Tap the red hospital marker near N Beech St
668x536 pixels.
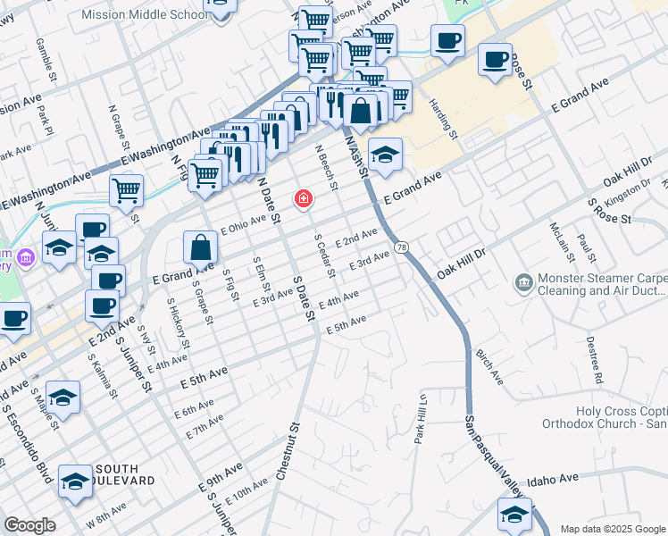coord(304,197)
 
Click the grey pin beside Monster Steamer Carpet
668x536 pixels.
coord(524,284)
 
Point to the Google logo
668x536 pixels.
coord(29,525)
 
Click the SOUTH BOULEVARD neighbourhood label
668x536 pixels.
coord(125,474)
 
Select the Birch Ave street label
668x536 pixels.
coord(488,367)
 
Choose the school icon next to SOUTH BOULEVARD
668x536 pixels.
coord(75,482)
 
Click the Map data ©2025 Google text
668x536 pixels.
coord(612,529)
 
